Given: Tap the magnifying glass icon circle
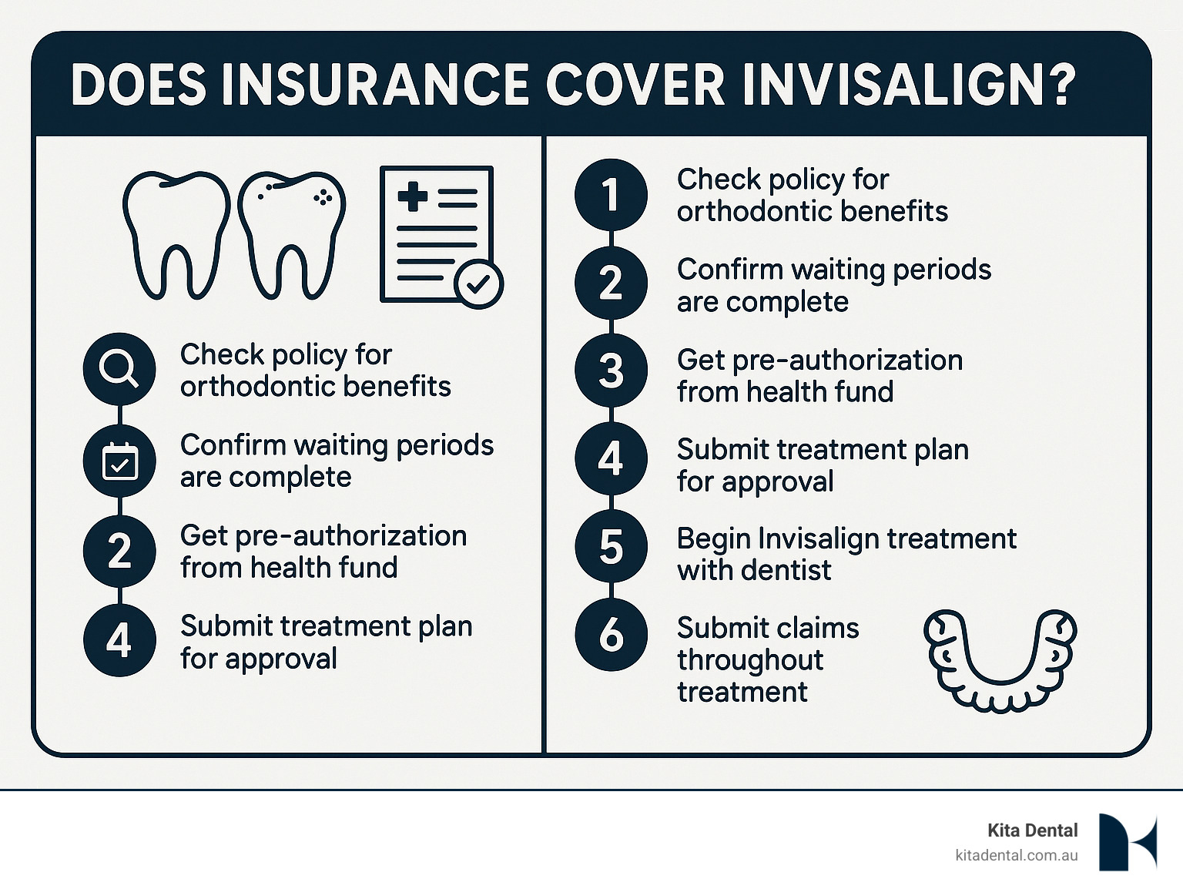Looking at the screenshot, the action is pos(119,369).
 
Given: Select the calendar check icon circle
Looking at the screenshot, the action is pos(119,461).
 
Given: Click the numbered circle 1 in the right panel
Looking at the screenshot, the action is pos(612,195).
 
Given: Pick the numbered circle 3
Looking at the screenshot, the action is pos(612,371).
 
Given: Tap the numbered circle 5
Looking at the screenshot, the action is pos(612,546).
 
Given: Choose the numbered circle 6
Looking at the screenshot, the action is pos(612,635).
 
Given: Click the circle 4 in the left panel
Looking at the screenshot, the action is pos(119,640).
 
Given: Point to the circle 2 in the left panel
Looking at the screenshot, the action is pos(119,551).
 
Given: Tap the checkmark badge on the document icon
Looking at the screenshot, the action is pos(478,284).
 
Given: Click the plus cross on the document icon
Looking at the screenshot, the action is pos(413,196).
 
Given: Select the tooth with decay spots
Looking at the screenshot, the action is pos(292,235).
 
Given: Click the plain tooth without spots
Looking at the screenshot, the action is pos(177,235).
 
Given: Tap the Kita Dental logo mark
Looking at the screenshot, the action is pos(1128,842).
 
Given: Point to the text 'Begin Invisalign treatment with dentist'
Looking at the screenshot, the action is pos(846,554).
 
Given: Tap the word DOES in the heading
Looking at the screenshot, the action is pos(139,86).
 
